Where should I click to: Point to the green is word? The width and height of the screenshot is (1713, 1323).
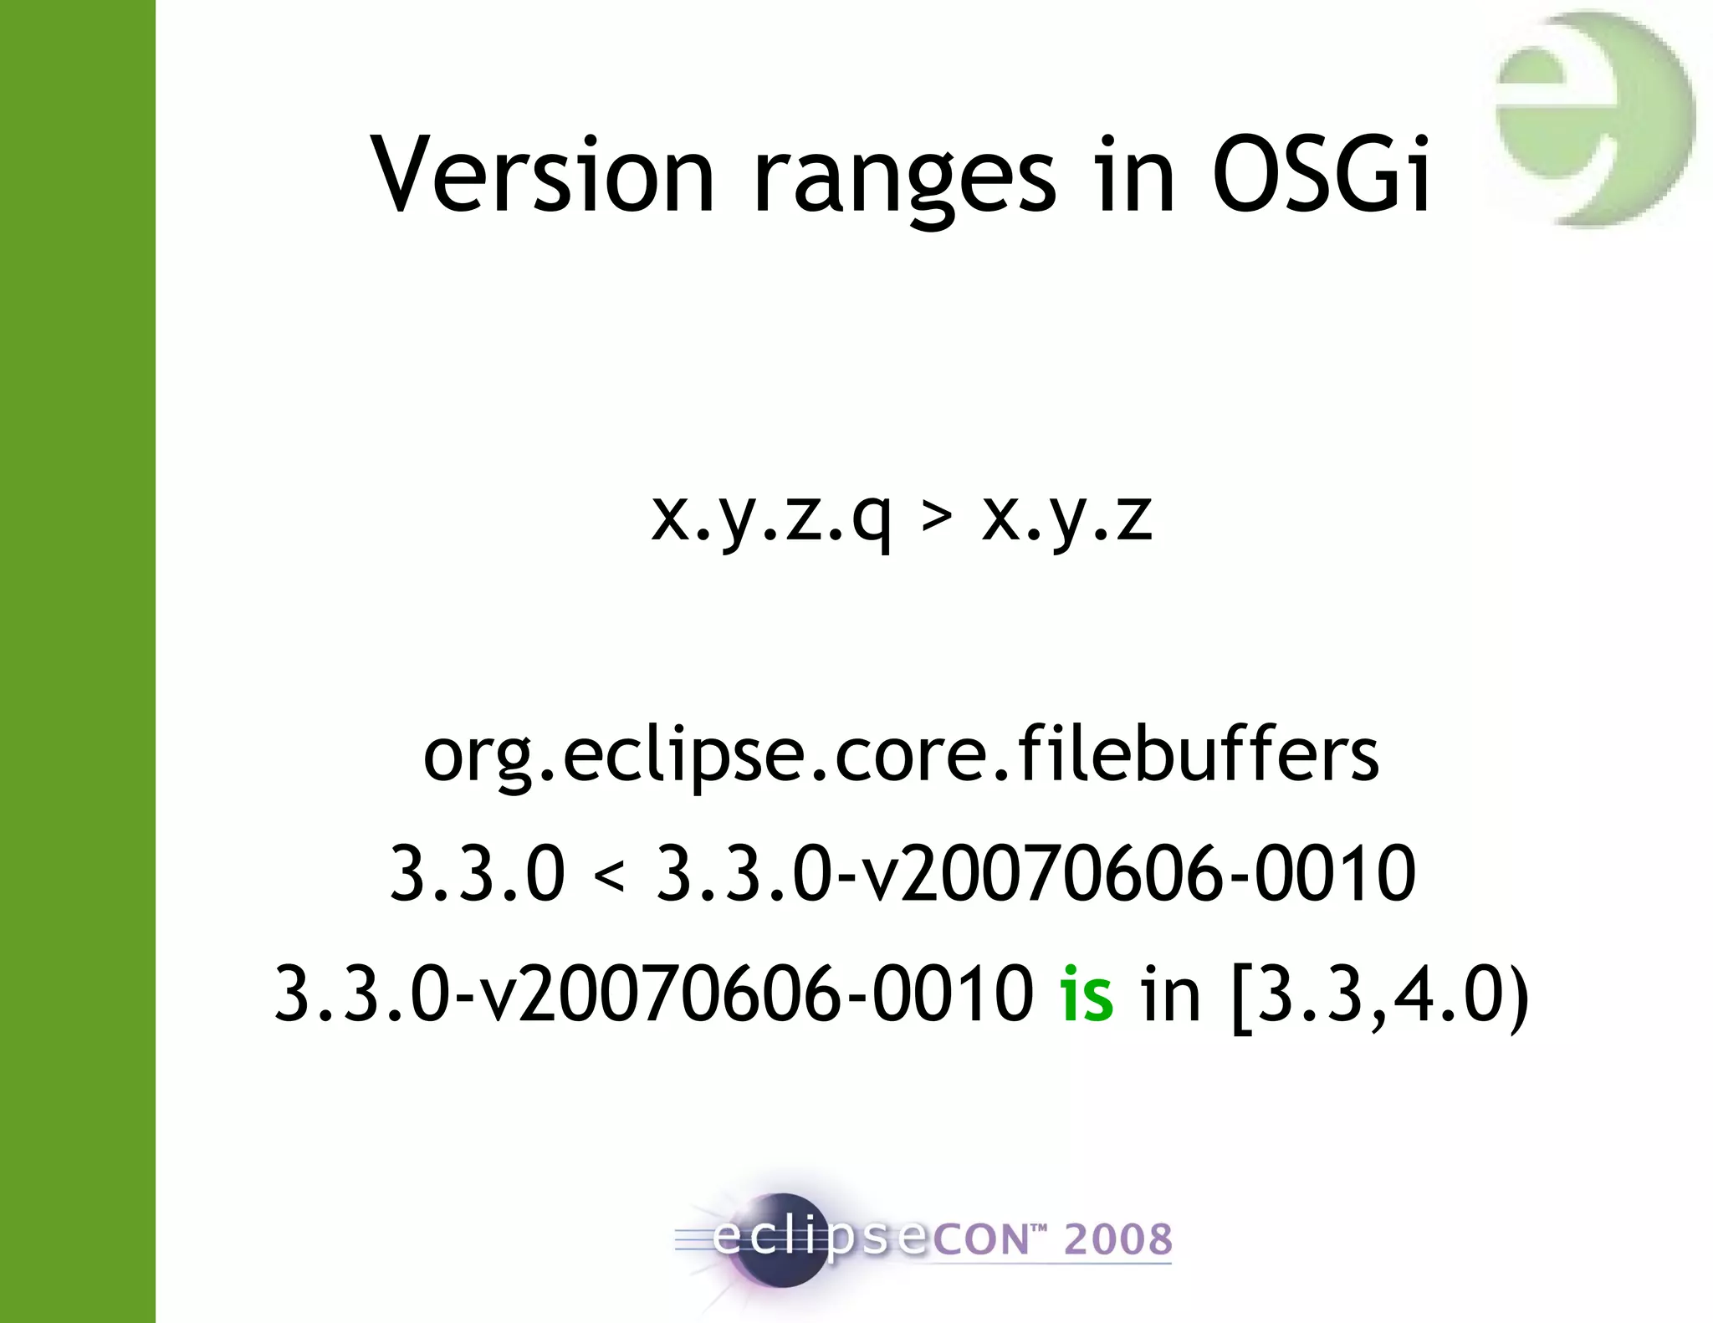1087,994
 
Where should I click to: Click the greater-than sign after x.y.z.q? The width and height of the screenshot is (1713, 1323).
937,517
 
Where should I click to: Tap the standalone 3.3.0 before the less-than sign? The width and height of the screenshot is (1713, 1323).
478,873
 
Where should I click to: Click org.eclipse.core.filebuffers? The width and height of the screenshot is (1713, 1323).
901,755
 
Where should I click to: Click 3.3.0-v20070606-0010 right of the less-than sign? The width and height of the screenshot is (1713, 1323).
1035,873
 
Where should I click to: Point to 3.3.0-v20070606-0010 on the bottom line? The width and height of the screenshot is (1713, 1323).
654,994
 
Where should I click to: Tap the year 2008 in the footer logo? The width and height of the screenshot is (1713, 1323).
1117,1239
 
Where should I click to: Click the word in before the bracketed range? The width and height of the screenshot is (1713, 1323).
1171,994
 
